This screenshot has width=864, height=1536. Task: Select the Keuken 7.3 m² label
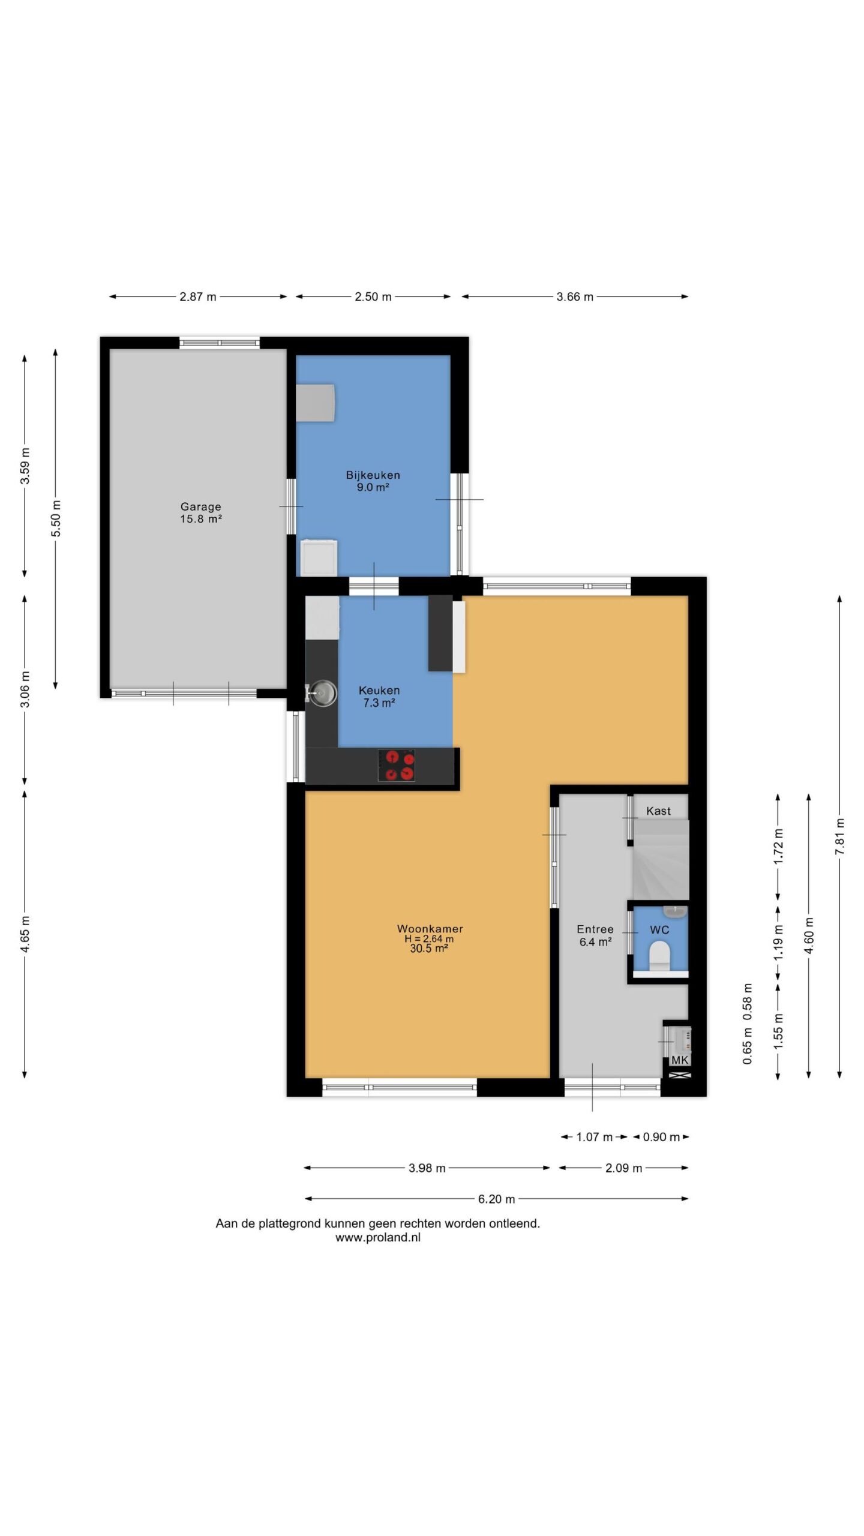coord(379,696)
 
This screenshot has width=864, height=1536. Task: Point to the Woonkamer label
coord(430,928)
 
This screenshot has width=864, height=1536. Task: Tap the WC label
coord(659,930)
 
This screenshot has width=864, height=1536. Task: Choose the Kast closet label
coord(658,811)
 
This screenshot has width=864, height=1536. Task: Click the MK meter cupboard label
coord(680,1060)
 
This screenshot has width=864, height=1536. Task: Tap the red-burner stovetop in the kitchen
coord(397,765)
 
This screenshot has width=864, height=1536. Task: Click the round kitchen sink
coord(323,693)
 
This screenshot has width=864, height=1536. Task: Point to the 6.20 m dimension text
coord(496,1199)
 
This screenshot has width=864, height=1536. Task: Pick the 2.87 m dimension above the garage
coord(198,296)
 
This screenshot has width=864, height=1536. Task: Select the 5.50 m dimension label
coord(56,518)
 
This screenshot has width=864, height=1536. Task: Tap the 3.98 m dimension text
coord(427,1168)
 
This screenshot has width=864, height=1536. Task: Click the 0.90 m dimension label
coord(661,1136)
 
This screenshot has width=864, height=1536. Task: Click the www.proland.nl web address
coord(378,1237)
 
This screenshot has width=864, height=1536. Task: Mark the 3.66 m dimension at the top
coord(575,296)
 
